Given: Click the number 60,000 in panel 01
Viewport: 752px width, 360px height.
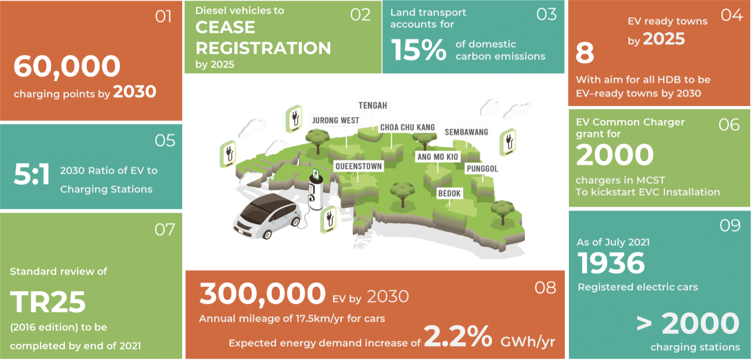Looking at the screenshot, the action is coord(67,67).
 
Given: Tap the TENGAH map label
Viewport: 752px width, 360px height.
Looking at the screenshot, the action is coord(372,105).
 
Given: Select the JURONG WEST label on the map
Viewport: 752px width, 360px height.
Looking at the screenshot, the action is coord(336,120).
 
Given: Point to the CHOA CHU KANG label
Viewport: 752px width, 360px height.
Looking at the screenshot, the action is coord(407,127).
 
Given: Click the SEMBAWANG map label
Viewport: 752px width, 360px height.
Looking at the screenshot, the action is coord(466,132).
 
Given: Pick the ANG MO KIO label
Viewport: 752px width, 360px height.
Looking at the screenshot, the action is coord(437,156).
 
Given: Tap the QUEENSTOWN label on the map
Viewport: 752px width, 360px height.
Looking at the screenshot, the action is coord(359,166).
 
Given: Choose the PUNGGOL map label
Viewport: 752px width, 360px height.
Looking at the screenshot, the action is coord(482,168).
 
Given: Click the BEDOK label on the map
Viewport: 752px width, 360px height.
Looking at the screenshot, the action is coord(449,193).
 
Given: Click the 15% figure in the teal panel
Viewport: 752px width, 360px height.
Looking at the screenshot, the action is coord(419,50).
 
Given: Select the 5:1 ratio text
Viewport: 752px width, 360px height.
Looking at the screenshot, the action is coord(32,174).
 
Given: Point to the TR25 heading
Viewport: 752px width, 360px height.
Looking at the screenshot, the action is coord(48,302).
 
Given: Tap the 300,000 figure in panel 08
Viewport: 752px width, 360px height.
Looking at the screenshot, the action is coord(262,293).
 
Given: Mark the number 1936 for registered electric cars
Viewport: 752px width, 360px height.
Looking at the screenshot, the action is coord(611,263).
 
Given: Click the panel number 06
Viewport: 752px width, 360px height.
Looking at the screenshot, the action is coord(729,125).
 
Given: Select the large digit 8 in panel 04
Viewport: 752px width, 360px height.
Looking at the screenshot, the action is coord(585,53).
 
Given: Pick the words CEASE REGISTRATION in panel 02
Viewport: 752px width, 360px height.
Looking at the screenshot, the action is coord(263,38).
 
